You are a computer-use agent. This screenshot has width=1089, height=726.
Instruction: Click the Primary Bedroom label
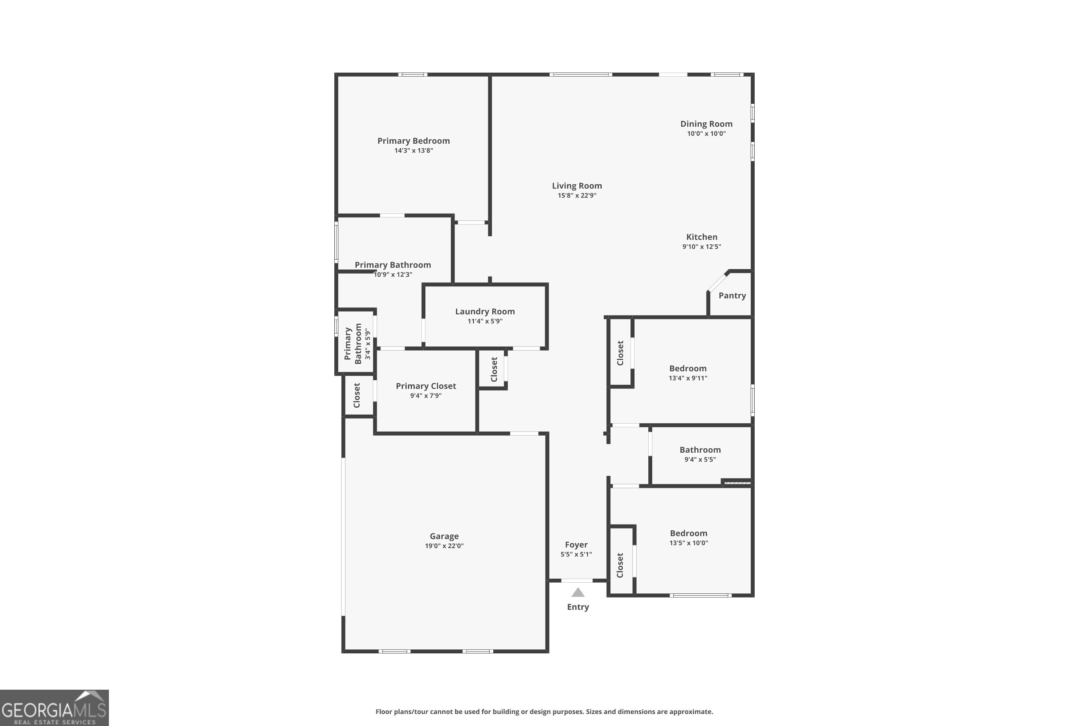pyautogui.click(x=413, y=141)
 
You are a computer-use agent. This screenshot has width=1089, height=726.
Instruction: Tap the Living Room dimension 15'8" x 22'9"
pyautogui.click(x=577, y=195)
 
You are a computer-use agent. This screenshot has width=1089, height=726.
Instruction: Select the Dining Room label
pyautogui.click(x=706, y=124)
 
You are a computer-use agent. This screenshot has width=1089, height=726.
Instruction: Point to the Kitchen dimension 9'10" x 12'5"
pyautogui.click(x=701, y=246)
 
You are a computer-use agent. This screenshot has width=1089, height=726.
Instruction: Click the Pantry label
pyautogui.click(x=732, y=296)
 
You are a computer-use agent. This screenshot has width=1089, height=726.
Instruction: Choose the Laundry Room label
pyautogui.click(x=485, y=311)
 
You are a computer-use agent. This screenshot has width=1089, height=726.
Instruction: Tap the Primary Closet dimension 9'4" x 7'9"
pyautogui.click(x=425, y=395)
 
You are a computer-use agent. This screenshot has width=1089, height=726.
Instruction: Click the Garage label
pyautogui.click(x=444, y=536)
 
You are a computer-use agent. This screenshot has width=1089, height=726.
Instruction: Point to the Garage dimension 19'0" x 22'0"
pyautogui.click(x=444, y=546)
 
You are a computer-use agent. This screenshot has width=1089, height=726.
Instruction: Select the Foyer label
pyautogui.click(x=576, y=545)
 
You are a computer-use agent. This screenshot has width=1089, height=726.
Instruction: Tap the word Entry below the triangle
pyautogui.click(x=578, y=607)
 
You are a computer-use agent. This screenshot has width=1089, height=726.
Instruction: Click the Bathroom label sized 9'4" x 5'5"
pyautogui.click(x=700, y=450)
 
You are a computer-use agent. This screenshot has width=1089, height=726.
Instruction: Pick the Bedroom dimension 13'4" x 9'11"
pyautogui.click(x=688, y=378)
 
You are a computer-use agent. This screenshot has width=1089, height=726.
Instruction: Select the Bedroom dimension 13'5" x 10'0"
pyautogui.click(x=689, y=543)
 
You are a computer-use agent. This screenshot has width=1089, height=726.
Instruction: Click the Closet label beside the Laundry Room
pyautogui.click(x=494, y=369)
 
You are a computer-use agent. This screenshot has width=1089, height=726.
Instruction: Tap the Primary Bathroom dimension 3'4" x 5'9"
pyautogui.click(x=368, y=344)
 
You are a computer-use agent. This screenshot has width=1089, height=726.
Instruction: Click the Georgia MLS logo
pyautogui.click(x=54, y=707)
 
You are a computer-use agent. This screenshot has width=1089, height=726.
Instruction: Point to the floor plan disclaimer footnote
pyautogui.click(x=544, y=711)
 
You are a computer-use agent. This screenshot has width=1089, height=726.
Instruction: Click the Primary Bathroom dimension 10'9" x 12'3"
pyautogui.click(x=393, y=274)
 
